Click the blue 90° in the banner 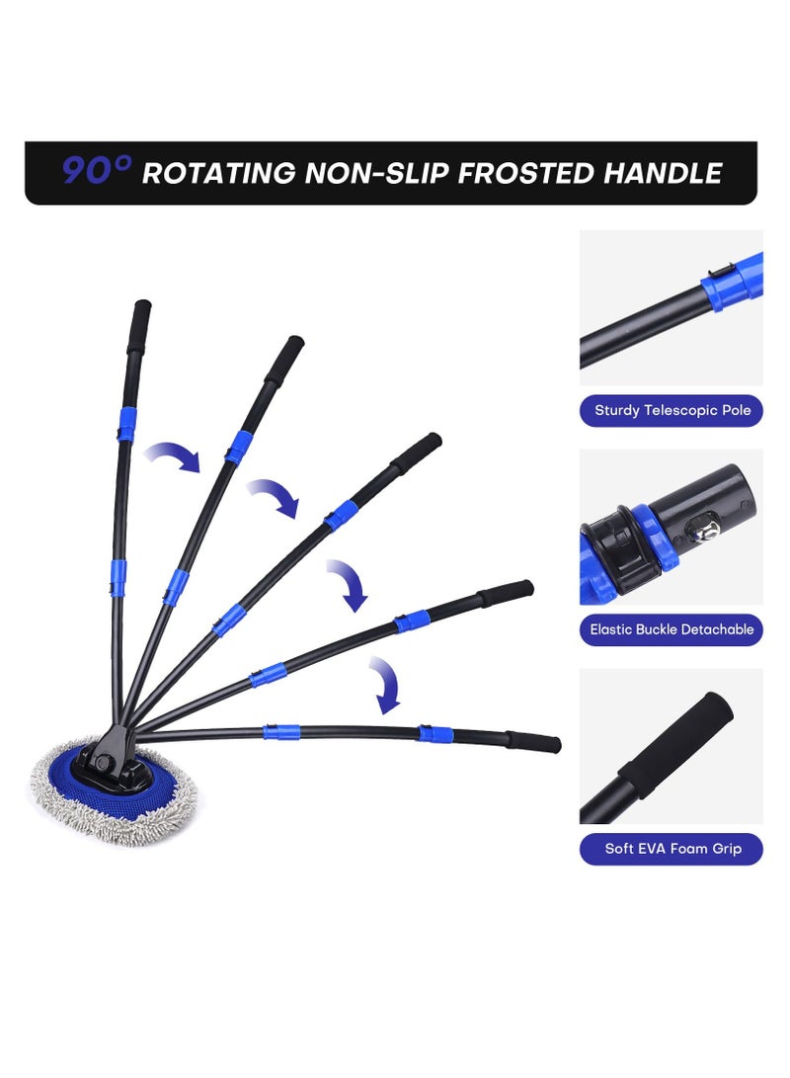pos(96,171)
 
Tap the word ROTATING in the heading pos(218,173)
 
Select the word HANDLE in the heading pos(663,173)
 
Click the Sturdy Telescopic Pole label pos(671,410)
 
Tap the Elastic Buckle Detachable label pos(671,629)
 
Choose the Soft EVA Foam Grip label pos(671,849)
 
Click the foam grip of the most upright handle pos(139,327)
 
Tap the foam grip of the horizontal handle pos(534,742)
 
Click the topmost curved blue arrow pos(173,456)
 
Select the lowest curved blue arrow pos(385,685)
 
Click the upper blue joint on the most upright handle pos(126,424)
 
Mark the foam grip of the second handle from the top pos(284,362)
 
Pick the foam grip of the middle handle pos(417,453)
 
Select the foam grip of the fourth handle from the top pos(506,593)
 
